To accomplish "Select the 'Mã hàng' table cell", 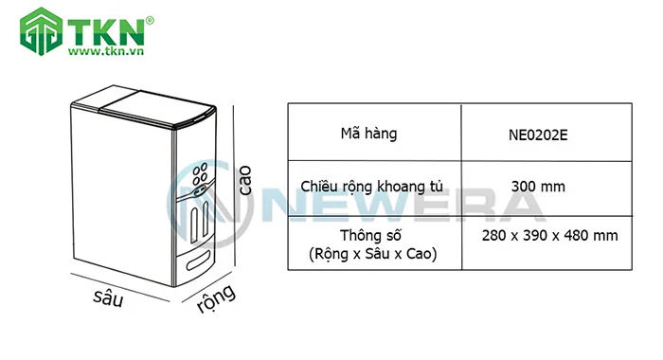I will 374,134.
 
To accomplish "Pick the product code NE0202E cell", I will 537,135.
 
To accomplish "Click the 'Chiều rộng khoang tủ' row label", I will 374,187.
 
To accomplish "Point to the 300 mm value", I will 537,187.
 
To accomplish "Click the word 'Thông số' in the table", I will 374,235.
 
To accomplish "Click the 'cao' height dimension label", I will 244,179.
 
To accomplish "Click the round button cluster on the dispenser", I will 200,176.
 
